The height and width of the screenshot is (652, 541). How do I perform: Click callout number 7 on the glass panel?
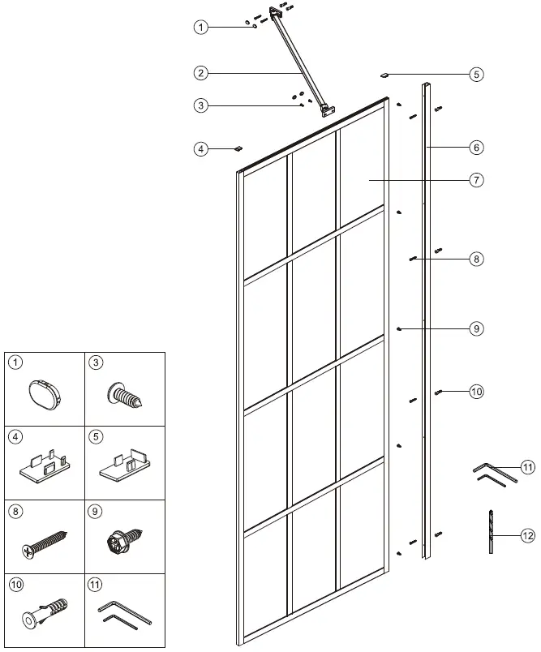tap(476, 180)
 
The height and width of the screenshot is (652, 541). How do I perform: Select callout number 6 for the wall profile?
tap(476, 148)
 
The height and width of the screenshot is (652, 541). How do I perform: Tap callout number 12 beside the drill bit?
tap(528, 535)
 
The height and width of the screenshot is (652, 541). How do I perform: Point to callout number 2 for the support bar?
tap(200, 73)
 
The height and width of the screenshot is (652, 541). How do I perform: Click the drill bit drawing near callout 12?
tap(491, 532)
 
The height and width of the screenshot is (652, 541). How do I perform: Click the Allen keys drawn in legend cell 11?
tap(124, 615)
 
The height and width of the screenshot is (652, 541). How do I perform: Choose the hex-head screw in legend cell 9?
tap(122, 543)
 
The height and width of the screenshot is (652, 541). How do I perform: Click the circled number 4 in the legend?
tap(16, 436)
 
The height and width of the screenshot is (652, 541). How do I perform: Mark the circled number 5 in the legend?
tap(96, 436)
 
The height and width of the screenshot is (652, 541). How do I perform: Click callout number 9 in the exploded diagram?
tap(476, 328)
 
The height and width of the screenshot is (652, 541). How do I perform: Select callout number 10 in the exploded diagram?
tap(476, 392)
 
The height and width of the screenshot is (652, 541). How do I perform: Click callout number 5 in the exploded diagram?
tap(476, 75)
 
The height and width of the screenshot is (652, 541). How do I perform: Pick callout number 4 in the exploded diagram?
tap(200, 148)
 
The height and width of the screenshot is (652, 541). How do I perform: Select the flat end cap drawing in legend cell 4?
tap(44, 468)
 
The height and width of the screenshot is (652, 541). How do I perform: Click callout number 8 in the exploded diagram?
tap(476, 260)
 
